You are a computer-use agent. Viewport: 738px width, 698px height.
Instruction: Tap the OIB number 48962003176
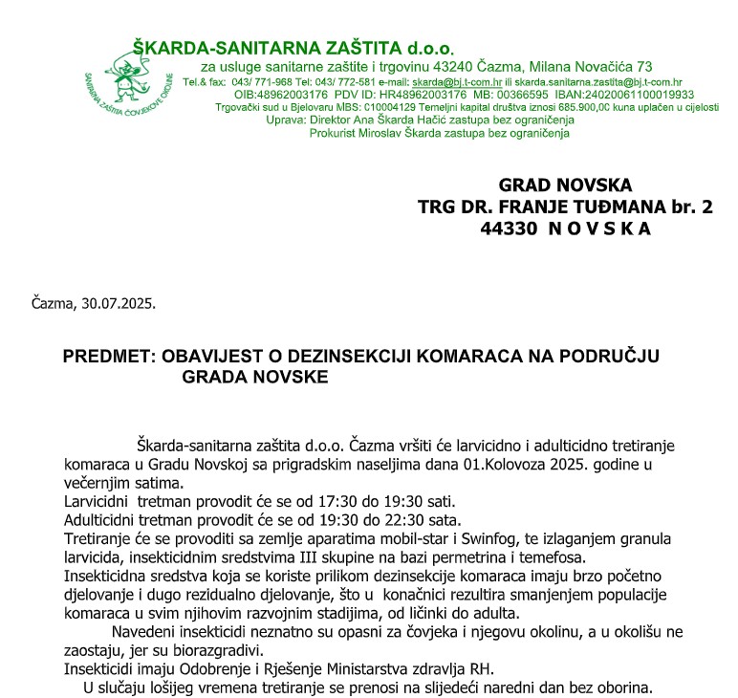(x=293, y=96)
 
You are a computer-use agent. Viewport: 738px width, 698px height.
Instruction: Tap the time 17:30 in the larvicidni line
(x=336, y=502)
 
